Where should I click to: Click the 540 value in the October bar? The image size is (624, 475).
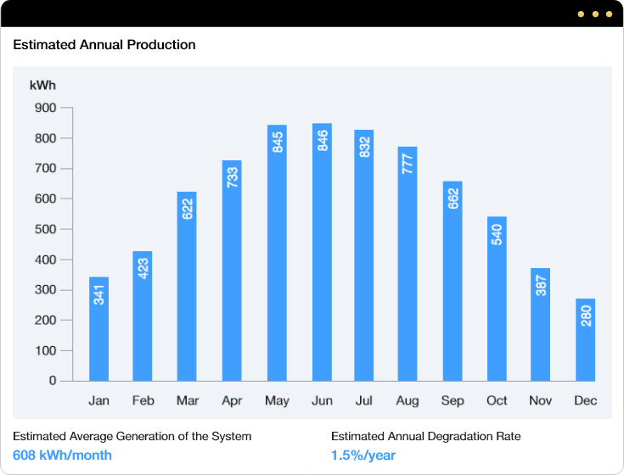[x=497, y=233]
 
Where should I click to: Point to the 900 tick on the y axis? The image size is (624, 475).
[x=45, y=108]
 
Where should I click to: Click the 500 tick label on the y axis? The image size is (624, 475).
[x=45, y=229]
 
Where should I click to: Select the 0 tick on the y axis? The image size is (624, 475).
[x=52, y=381]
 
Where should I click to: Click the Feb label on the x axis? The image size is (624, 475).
[x=143, y=400]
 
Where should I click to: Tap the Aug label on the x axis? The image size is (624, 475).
[x=408, y=400]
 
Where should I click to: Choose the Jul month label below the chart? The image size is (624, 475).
[x=363, y=400]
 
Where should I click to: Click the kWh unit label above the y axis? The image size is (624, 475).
[x=42, y=85]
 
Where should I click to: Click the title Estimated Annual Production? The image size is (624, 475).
[x=104, y=45]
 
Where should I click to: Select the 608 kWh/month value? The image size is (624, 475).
[x=62, y=455]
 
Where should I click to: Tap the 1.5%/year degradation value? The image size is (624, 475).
[x=363, y=455]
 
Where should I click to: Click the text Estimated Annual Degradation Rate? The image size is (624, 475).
[x=425, y=436]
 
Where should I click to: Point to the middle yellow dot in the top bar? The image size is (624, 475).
[x=596, y=14]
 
